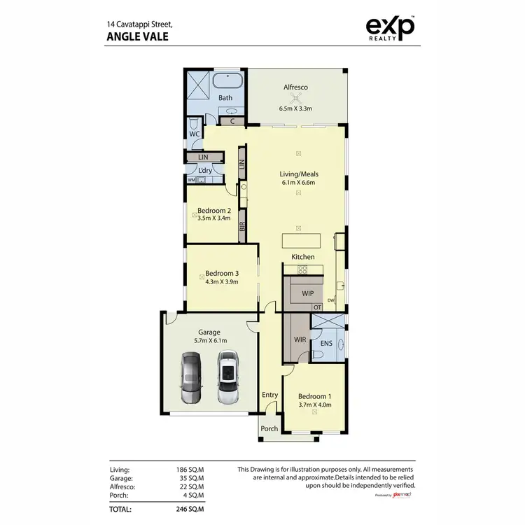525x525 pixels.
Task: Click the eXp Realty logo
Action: pos(391,29)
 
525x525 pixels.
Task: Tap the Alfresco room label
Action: pos(295,87)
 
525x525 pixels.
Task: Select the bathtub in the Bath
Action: pos(225,80)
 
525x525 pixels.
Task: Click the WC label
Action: pos(195,132)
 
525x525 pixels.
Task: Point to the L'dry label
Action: pos(205,170)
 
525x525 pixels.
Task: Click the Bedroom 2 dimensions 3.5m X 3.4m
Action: pos(213,218)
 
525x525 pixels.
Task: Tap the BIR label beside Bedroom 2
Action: pos(242,227)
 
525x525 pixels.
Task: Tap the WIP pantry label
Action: pos(307,293)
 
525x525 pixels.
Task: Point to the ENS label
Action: pos(326,344)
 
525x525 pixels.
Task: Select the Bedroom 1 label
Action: pos(314,395)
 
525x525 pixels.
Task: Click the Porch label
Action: pos(269,428)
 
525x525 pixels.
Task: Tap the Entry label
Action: pos(269,395)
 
